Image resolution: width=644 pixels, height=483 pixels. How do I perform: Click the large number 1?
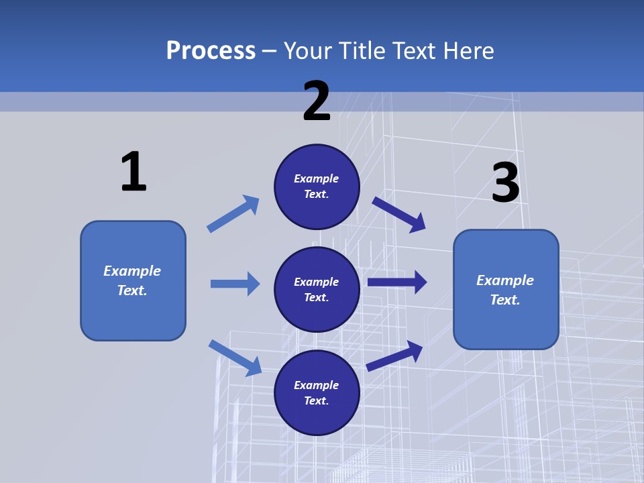133,172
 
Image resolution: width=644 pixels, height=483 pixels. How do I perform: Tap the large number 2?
317,101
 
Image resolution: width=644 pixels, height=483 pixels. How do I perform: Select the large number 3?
505,183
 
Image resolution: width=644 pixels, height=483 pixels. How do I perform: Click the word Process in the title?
211,50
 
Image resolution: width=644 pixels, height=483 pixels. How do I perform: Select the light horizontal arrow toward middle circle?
235,284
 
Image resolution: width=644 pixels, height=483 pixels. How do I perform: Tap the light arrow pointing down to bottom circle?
235,358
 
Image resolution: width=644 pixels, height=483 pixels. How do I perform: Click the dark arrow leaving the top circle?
398,215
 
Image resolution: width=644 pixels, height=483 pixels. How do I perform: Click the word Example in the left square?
132,271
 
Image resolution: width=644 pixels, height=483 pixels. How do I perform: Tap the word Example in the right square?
505,280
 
